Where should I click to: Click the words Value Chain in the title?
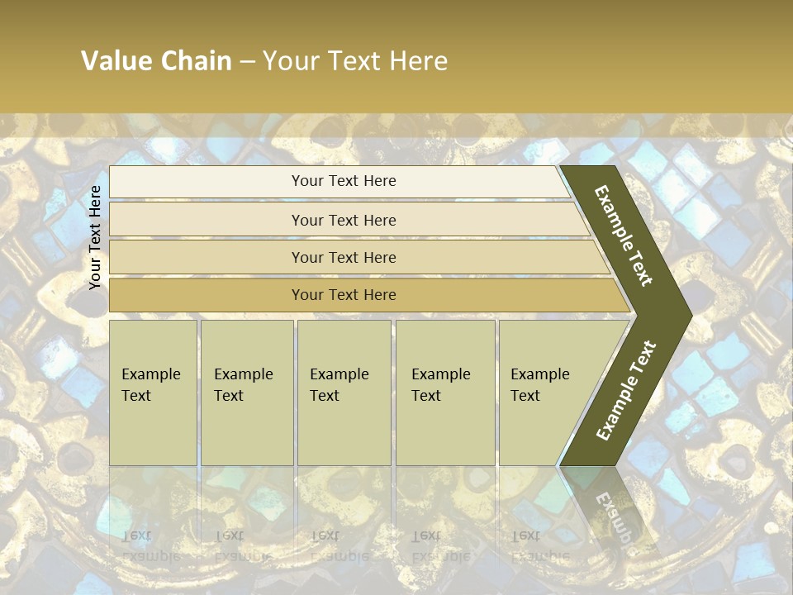point(156,60)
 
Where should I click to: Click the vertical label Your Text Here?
point(95,237)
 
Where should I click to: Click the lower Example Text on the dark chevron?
point(626,390)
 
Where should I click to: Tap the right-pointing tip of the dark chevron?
point(687,315)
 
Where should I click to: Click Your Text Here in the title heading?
point(355,60)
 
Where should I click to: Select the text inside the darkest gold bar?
point(344,295)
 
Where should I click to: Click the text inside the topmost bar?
point(344,181)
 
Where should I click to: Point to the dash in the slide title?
point(247,61)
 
